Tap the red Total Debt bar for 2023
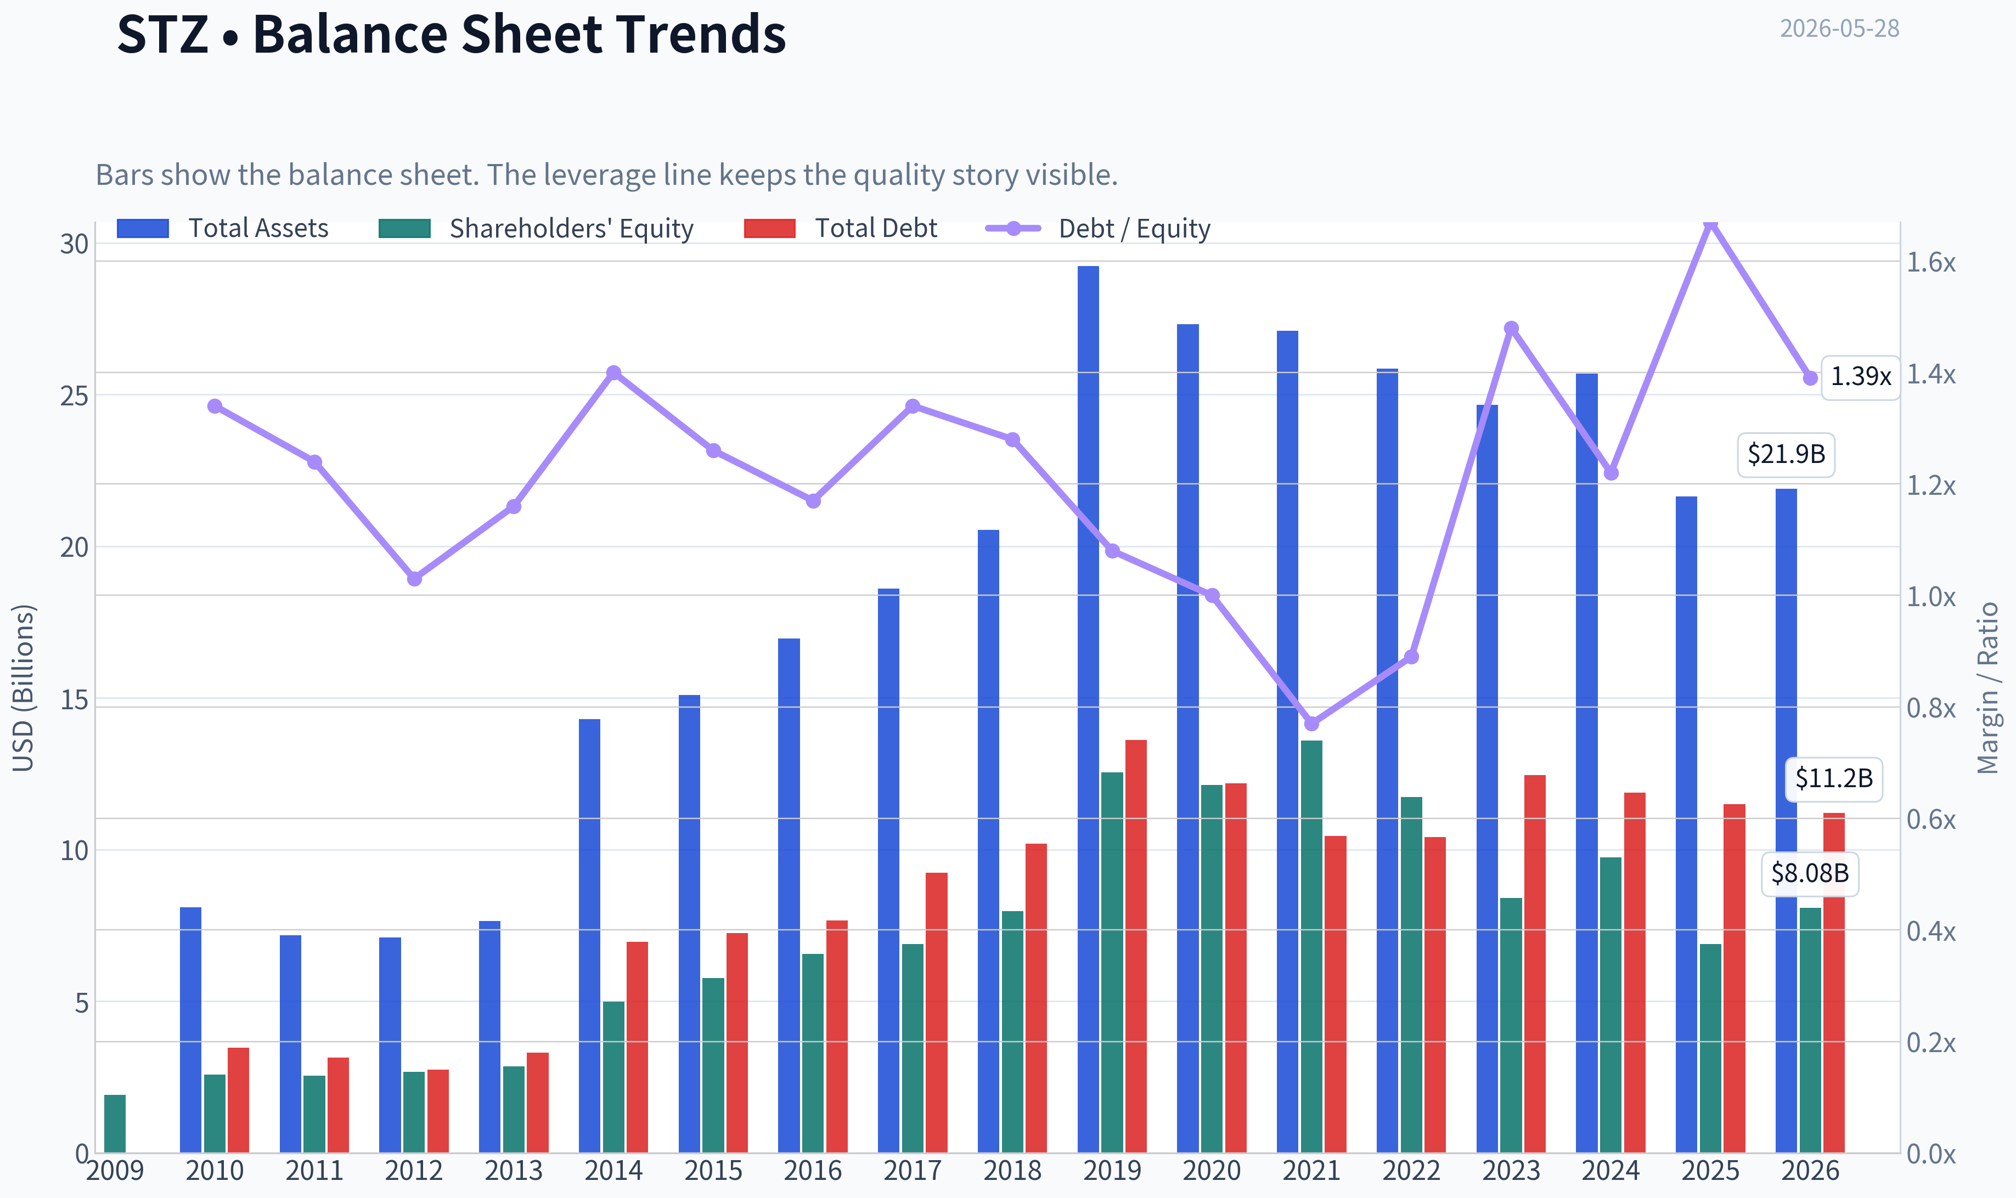click(1534, 963)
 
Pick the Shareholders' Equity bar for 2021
click(1311, 946)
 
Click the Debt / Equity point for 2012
click(414, 579)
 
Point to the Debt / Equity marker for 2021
click(1311, 724)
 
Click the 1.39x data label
click(1860, 377)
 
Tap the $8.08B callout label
click(1809, 873)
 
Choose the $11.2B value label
click(1833, 779)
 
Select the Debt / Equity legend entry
click(1098, 228)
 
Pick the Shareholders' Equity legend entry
click(536, 228)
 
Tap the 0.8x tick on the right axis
click(1930, 708)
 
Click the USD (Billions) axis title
click(24, 688)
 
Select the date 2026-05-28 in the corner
click(1839, 29)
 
